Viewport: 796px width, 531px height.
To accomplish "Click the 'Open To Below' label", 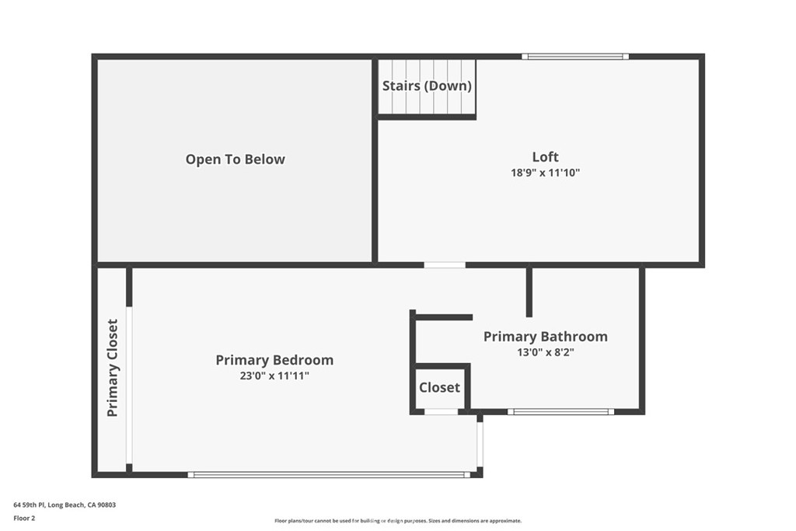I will [235, 159].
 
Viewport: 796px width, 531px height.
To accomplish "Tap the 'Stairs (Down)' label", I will [427, 86].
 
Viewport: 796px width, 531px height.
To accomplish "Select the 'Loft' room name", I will [545, 157].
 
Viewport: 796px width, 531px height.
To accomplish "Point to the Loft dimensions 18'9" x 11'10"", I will [545, 173].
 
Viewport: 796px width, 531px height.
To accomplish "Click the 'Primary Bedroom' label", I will [274, 360].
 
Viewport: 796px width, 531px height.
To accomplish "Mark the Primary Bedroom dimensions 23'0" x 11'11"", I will [274, 376].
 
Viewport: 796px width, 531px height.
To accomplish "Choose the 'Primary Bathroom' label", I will [545, 337].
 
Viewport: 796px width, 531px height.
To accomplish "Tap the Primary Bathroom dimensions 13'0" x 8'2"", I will [545, 352].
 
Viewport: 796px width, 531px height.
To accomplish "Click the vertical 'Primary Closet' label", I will [113, 368].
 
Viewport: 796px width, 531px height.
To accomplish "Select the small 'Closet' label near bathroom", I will [439, 387].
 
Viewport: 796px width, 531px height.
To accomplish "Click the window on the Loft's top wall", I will [575, 56].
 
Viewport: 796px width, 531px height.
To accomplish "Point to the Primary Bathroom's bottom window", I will [560, 411].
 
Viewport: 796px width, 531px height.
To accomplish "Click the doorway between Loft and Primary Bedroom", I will [445, 265].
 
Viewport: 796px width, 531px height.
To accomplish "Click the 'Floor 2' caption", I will [24, 517].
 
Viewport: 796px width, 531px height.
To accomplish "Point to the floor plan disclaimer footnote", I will [397, 521].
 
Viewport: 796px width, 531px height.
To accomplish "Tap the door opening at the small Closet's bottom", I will [441, 411].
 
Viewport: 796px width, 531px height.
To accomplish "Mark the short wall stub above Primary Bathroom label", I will [529, 292].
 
